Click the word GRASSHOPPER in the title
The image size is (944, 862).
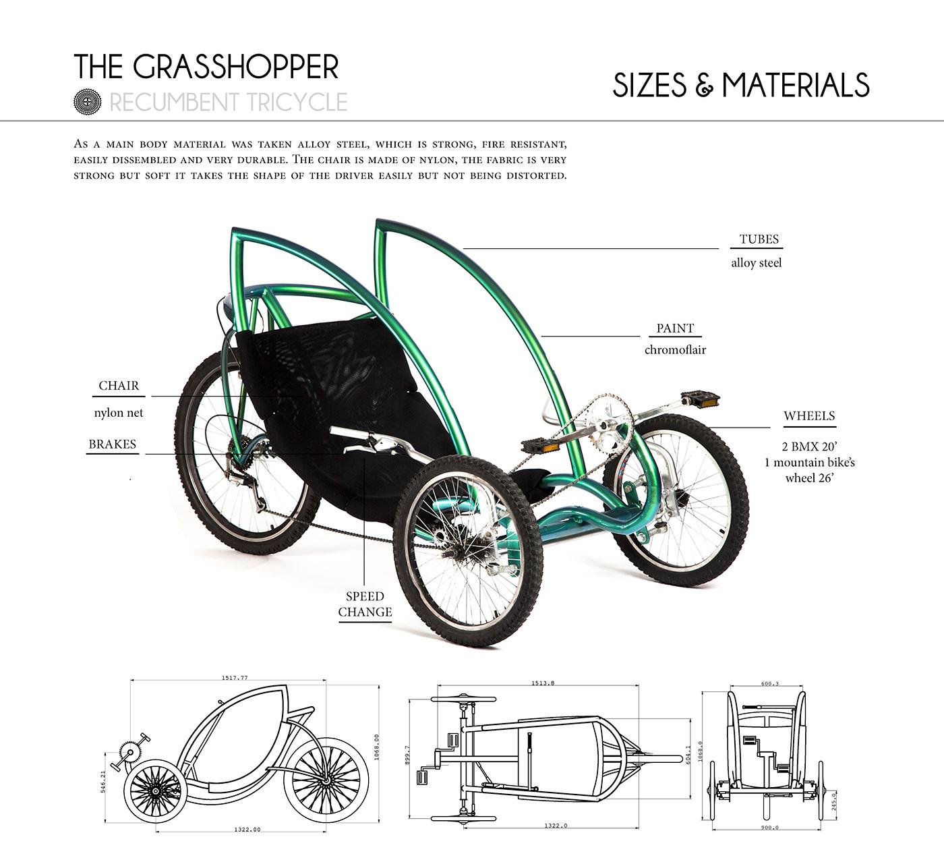coord(236,67)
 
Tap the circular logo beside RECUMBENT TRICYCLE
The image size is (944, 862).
coord(86,102)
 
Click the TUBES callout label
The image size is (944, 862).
coord(759,239)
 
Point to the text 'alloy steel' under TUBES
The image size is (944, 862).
coord(757,263)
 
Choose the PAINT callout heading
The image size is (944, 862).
coord(675,328)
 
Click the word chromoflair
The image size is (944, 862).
coord(675,350)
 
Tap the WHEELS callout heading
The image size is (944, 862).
coord(809,416)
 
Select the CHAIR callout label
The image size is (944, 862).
coord(119,386)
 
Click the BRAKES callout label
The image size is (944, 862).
coord(112,444)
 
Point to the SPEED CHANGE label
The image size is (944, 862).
coord(365,604)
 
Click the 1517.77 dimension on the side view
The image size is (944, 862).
coord(234,679)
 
